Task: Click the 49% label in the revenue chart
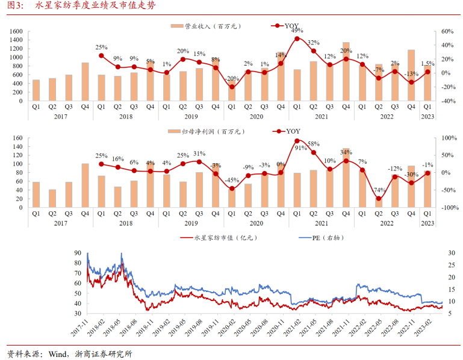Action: click(x=297, y=31)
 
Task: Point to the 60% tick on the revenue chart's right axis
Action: click(x=446, y=31)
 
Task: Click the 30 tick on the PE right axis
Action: click(x=452, y=253)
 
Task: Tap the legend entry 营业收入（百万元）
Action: click(x=208, y=26)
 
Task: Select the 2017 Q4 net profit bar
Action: click(x=85, y=185)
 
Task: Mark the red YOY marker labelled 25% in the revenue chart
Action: click(x=101, y=55)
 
